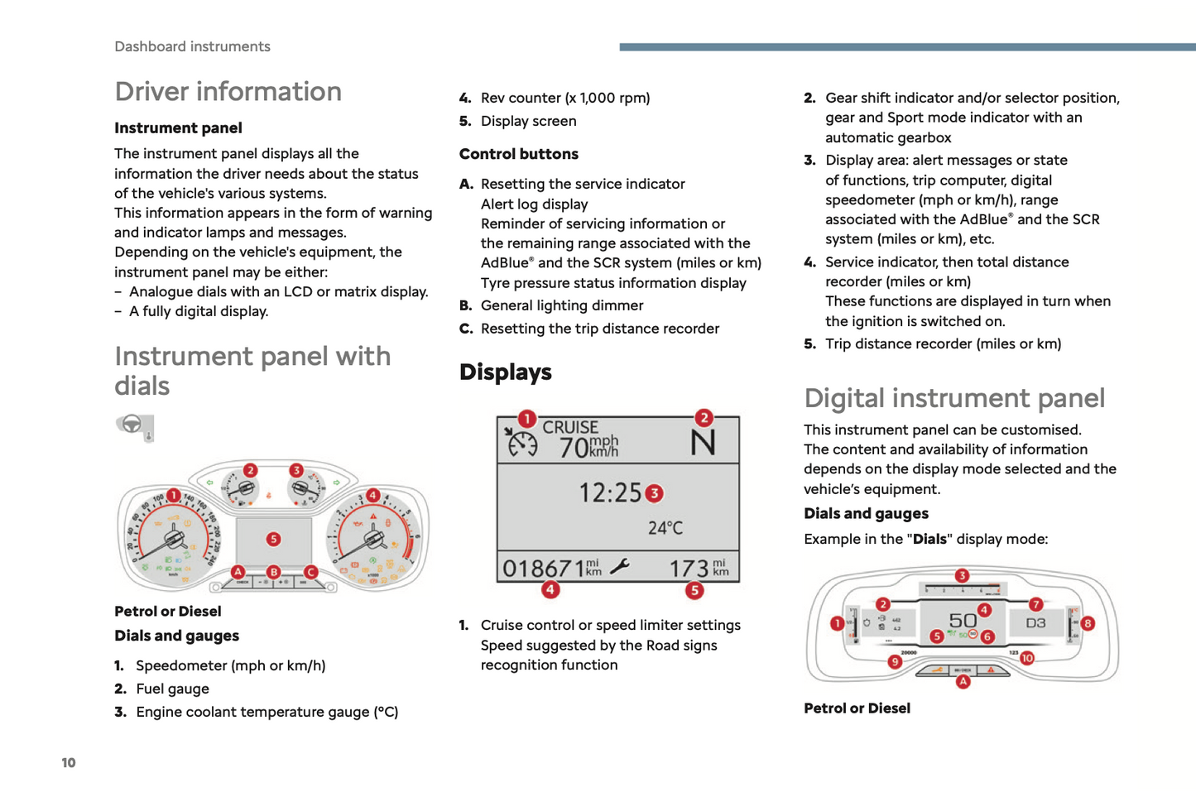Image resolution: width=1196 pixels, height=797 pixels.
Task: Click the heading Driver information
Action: point(228,91)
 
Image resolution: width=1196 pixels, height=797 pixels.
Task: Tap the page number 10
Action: point(69,762)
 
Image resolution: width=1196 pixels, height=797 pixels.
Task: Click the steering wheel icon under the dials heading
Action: point(133,427)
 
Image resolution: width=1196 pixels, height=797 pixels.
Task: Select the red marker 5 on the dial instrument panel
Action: point(273,540)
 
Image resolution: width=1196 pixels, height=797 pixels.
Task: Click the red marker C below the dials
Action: point(310,572)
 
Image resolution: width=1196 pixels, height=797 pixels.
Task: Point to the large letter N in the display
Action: point(703,443)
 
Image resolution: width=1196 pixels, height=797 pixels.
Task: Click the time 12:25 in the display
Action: point(610,493)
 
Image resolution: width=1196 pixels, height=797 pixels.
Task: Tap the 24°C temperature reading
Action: point(665,528)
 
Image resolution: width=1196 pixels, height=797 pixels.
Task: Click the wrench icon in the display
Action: point(619,567)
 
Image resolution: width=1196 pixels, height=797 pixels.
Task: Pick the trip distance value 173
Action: point(689,569)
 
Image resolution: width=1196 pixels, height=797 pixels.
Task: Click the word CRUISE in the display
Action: point(570,427)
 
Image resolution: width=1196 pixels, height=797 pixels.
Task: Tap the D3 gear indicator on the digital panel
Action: point(1035,622)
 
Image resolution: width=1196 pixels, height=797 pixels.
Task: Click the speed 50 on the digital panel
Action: point(963,621)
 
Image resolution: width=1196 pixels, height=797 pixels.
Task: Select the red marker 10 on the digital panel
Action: point(1026,658)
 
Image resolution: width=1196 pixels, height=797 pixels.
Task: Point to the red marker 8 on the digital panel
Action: point(1088,623)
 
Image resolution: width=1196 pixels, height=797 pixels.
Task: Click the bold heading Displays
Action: point(505,372)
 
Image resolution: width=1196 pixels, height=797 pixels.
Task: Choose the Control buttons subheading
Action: point(518,154)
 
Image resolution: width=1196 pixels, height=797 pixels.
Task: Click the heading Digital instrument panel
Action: point(953,398)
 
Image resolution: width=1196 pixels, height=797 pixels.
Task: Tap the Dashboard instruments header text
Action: point(192,46)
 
